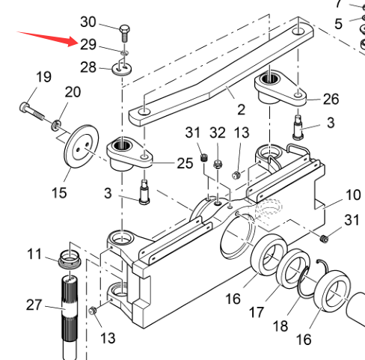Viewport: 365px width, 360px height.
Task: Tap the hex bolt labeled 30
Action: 125,33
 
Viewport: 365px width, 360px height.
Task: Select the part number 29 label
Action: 88,45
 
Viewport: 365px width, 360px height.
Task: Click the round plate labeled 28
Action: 122,68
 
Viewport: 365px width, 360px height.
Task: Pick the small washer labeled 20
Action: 56,125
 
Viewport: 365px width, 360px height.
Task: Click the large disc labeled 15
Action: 82,146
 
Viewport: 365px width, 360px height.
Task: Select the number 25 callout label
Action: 185,163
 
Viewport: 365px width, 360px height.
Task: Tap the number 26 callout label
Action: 331,99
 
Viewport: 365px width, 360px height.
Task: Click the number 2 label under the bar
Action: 241,110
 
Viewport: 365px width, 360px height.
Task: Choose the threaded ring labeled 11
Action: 70,260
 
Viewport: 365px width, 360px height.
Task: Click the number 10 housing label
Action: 353,195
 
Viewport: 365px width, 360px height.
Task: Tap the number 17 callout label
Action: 257,312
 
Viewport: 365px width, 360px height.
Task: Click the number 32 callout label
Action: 218,132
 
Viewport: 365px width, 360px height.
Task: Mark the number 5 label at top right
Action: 338,24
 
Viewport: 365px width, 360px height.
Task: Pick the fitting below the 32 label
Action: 218,164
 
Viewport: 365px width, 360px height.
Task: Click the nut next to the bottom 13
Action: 93,311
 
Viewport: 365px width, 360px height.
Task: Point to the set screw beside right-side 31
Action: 324,239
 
